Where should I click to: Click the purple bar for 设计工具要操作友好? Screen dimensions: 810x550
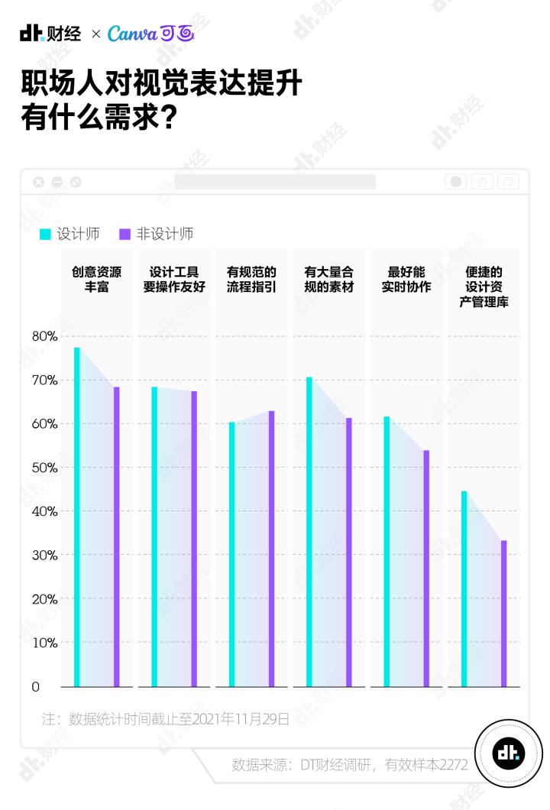(x=194, y=539)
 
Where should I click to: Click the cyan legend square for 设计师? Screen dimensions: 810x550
(x=46, y=235)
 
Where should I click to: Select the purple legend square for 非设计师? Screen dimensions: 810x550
(x=125, y=235)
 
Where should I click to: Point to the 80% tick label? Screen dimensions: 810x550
(x=45, y=336)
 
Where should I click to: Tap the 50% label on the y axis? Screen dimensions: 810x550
(x=45, y=467)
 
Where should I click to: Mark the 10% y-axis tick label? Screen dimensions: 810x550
(x=45, y=643)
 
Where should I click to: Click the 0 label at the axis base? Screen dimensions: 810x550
(x=36, y=687)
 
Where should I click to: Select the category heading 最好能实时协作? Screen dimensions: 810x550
(x=406, y=280)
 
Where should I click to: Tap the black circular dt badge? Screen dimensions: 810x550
(x=508, y=753)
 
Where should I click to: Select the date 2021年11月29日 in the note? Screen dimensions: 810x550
(x=241, y=719)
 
